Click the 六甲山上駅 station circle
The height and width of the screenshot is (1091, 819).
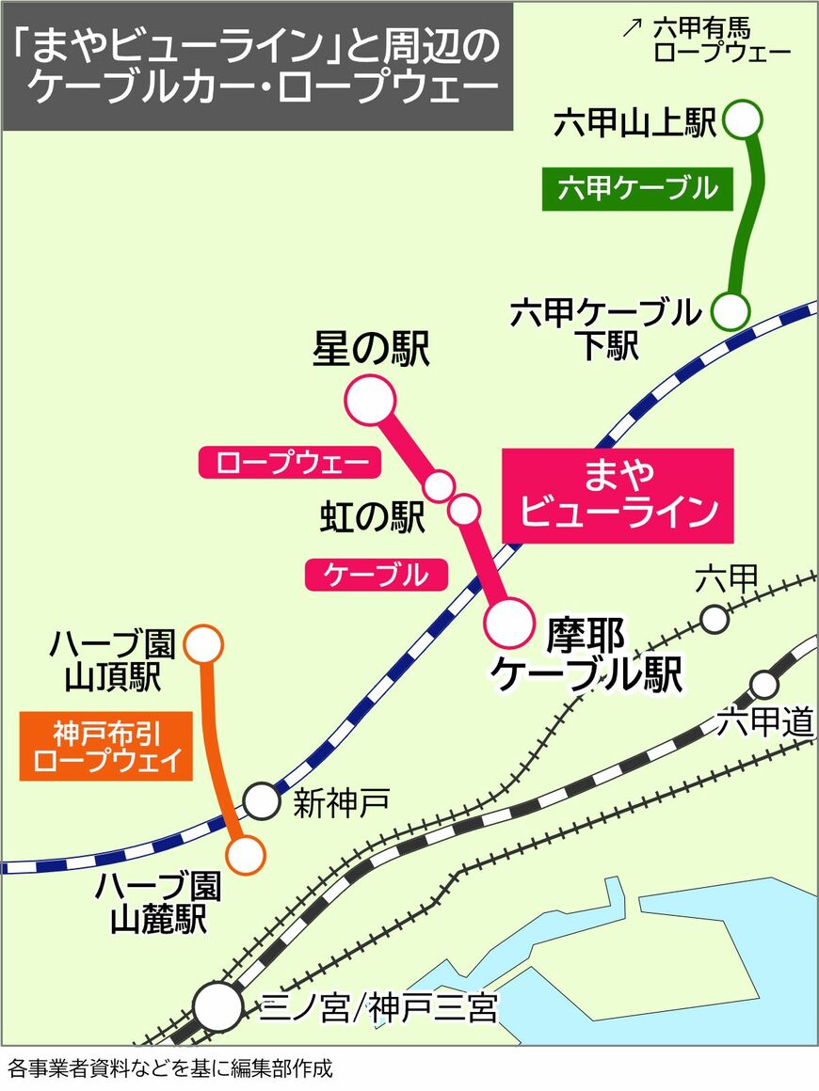744,119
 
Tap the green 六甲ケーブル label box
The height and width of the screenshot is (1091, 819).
636,188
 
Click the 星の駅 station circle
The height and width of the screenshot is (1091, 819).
370,399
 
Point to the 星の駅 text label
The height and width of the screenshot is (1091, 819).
371,350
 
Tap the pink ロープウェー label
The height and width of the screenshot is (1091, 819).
283,462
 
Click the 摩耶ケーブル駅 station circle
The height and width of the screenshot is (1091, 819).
509,621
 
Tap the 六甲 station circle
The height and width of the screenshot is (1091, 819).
715,619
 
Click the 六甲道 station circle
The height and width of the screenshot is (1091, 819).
763,684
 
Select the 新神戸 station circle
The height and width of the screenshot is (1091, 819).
262,801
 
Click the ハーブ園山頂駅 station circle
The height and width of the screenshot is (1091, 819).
203,645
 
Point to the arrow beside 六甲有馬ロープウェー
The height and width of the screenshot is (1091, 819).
632,27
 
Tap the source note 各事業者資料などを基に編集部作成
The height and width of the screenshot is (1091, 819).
169,1068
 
